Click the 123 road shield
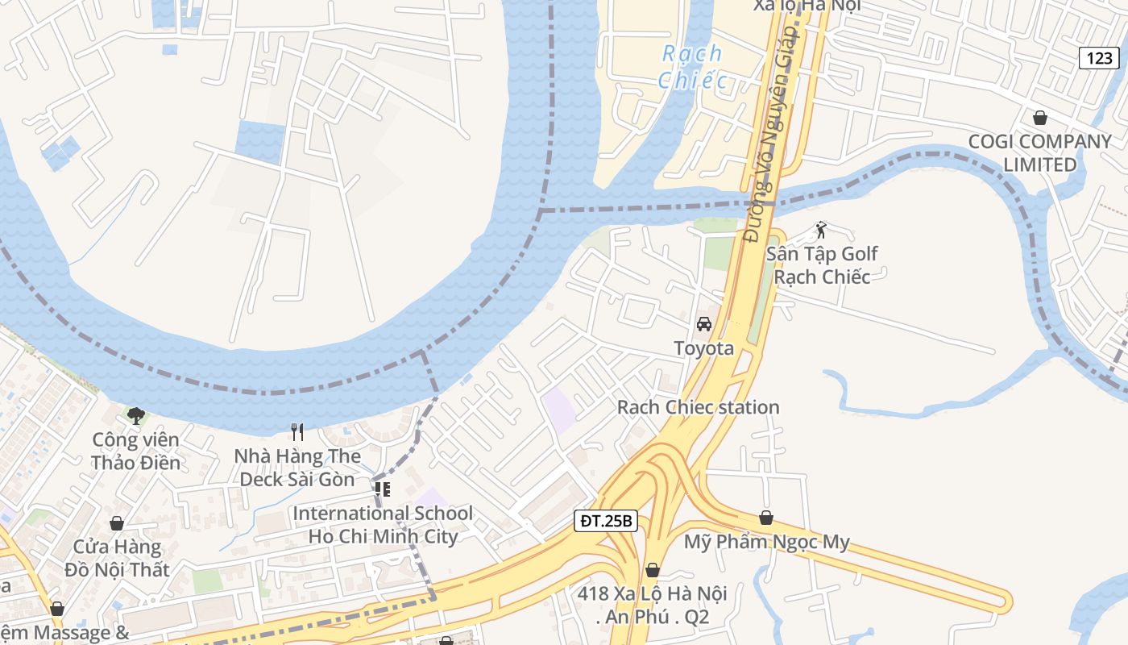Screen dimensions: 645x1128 click(x=1099, y=57)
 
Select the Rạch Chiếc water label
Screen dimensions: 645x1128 click(x=691, y=67)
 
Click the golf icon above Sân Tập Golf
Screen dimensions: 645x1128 click(x=821, y=231)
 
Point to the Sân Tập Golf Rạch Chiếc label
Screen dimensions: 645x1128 click(x=821, y=265)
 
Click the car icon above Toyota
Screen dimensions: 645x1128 click(x=703, y=324)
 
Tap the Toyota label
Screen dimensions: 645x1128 click(x=703, y=348)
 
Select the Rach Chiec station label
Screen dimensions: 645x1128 click(x=698, y=407)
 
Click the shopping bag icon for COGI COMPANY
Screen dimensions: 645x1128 click(x=1040, y=118)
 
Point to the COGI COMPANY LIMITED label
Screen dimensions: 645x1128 click(x=1039, y=153)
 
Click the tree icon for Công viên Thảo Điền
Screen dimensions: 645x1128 click(x=136, y=416)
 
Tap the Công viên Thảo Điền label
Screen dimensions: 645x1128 click(x=135, y=451)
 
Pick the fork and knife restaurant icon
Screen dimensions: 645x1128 click(x=297, y=432)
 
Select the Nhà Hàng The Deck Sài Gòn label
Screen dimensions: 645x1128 click(x=297, y=468)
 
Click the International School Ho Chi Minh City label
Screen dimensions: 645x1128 click(x=383, y=525)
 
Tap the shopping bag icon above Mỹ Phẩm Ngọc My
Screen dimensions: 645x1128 click(x=766, y=518)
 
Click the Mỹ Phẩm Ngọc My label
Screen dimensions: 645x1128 click(x=766, y=542)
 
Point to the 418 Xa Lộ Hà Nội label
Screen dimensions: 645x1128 click(x=652, y=605)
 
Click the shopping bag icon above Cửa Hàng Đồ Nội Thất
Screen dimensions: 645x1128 click(x=117, y=523)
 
